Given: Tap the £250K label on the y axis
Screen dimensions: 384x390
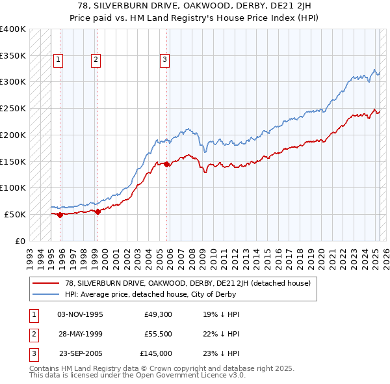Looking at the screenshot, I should (13, 108).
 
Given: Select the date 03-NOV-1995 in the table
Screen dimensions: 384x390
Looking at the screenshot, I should (80, 314).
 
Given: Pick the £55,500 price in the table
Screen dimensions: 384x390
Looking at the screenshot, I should (158, 334).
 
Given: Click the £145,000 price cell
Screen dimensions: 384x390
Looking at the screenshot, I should (156, 353).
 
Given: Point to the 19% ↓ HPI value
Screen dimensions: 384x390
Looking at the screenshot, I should (221, 314).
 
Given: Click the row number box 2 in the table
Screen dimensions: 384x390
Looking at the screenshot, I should (32, 334).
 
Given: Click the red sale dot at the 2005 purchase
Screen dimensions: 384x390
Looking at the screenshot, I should (166, 164).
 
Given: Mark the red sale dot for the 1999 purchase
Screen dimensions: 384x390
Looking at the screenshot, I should (97, 212).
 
